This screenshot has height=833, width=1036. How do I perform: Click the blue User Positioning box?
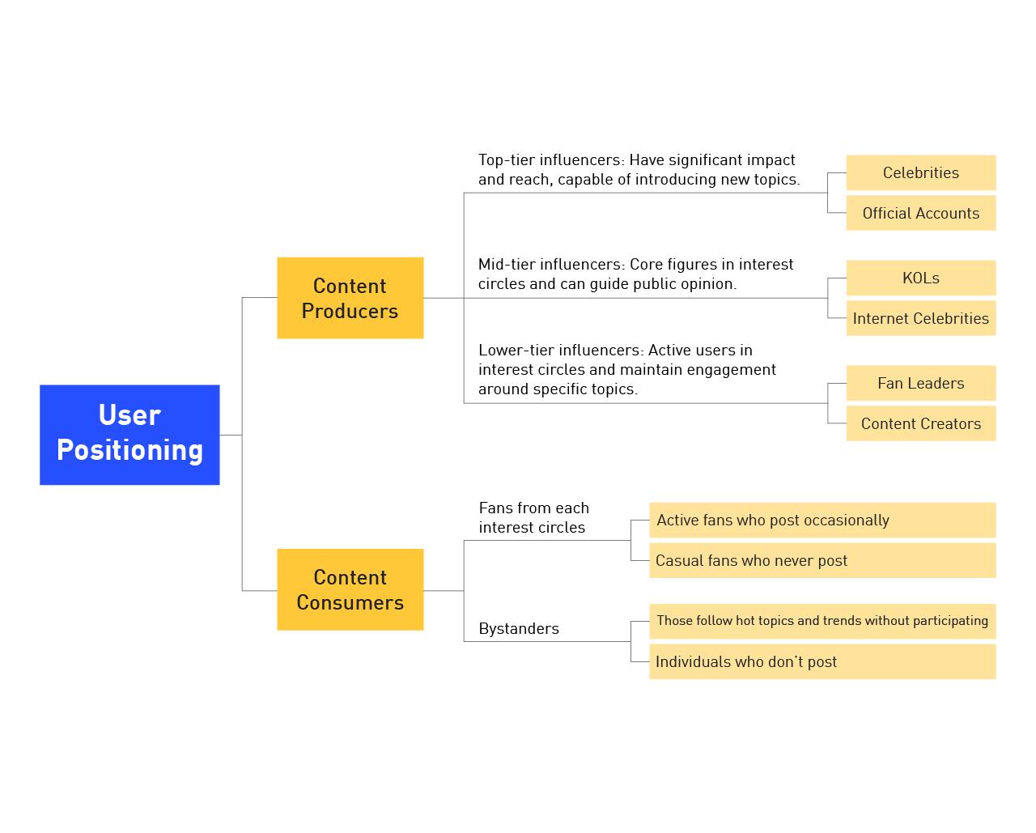tap(129, 434)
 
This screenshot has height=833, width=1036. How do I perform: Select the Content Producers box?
tap(350, 298)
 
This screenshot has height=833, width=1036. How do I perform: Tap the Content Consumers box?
tap(350, 589)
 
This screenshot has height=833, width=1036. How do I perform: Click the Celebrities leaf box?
tap(920, 172)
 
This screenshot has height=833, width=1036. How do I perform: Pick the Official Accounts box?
tap(920, 213)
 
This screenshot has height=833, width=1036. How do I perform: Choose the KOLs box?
tap(920, 278)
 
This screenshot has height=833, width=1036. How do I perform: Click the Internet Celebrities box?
tap(920, 318)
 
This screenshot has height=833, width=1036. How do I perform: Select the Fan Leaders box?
tap(920, 383)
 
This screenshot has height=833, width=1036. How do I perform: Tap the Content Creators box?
tap(920, 423)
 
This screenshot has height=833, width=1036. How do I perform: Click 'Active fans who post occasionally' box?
tap(822, 520)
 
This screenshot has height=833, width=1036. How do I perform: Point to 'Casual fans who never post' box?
tap(822, 560)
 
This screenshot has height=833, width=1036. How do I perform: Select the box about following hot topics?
tap(822, 621)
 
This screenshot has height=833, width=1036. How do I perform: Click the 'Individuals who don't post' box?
tap(822, 661)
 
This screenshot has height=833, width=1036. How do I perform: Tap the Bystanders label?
tap(519, 628)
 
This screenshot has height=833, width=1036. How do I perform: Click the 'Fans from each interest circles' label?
tap(533, 517)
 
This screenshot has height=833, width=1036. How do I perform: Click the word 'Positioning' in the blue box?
tap(129, 450)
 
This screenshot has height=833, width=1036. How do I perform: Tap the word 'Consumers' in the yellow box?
tap(350, 603)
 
